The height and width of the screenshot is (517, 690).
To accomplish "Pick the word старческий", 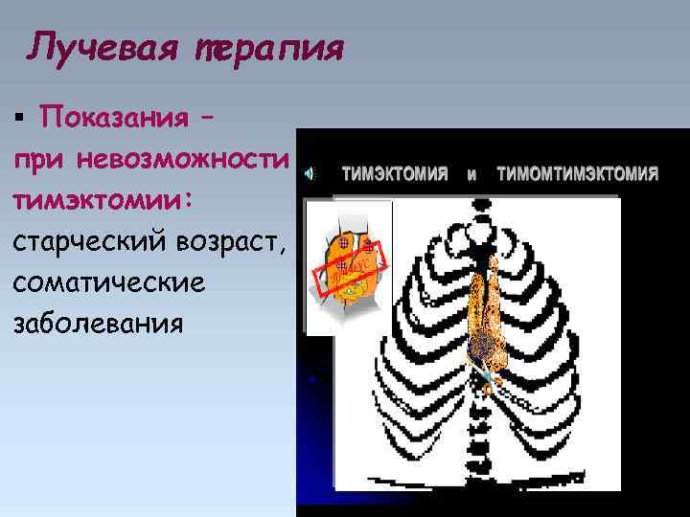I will pyautogui.click(x=94, y=243).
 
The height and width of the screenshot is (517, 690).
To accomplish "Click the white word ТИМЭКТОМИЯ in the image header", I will pyautogui.click(x=395, y=174).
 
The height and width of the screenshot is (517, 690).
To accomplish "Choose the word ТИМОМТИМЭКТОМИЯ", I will pyautogui.click(x=577, y=174).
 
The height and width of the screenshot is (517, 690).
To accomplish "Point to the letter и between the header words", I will pyautogui.click(x=471, y=175).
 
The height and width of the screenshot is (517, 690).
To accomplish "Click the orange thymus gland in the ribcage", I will pyautogui.click(x=482, y=306).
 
